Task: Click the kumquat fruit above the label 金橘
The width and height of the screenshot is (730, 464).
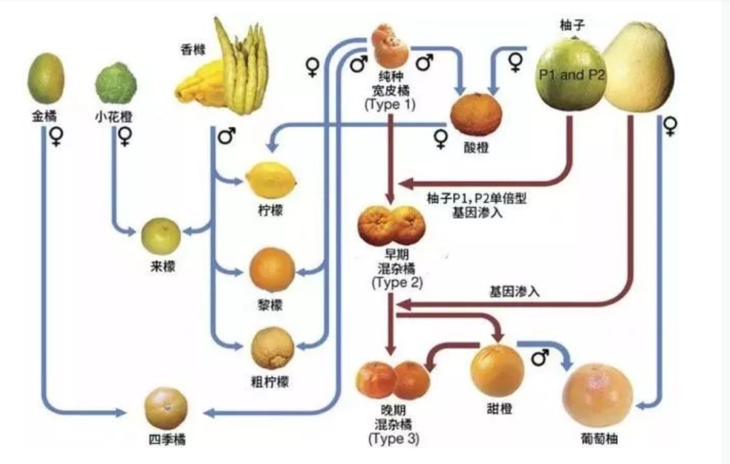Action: [x=46, y=78]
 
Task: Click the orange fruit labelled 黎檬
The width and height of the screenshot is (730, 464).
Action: [x=272, y=269]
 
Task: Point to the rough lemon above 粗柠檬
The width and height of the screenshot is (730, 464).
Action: [x=272, y=349]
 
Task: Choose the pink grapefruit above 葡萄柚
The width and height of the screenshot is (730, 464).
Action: [x=598, y=395]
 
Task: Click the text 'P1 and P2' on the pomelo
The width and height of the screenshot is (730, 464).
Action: [x=572, y=75]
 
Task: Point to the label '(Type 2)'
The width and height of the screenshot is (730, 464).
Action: [x=397, y=282]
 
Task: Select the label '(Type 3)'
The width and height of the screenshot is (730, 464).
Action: [x=394, y=438]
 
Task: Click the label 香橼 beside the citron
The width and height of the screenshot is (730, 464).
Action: [x=192, y=49]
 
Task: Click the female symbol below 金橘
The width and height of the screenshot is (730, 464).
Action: [x=55, y=138]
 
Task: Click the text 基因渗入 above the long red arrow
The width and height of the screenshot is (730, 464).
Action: [x=514, y=292]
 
